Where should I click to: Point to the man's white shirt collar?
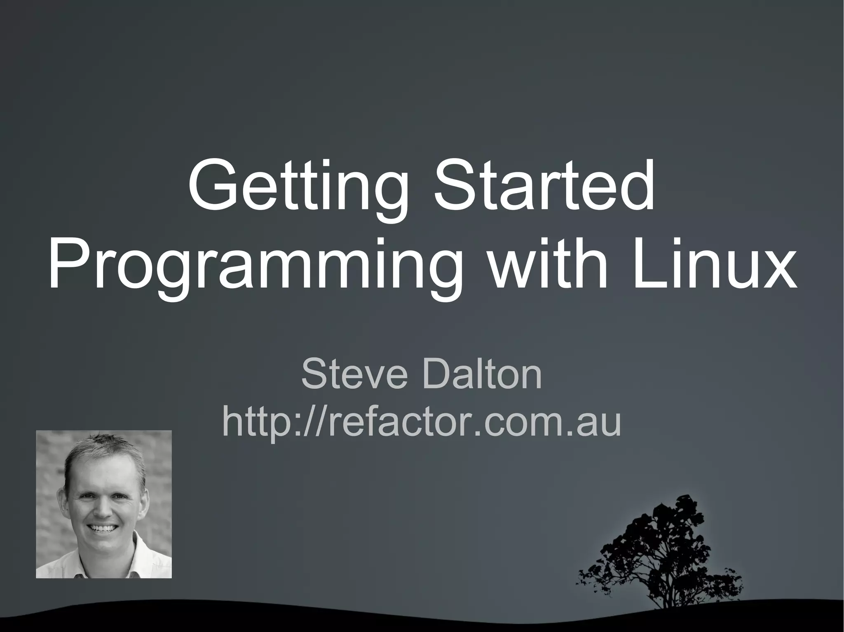(x=136, y=564)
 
